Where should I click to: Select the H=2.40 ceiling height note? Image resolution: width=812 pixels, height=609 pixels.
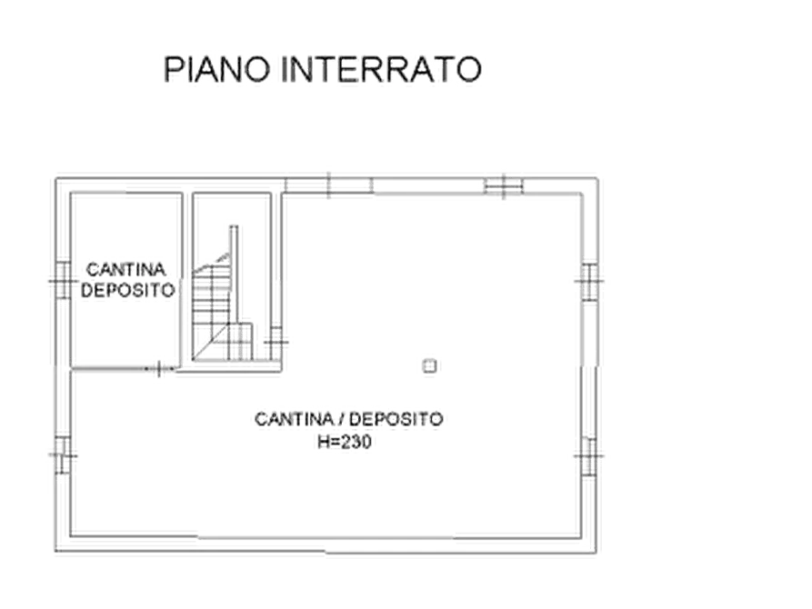[x=346, y=442]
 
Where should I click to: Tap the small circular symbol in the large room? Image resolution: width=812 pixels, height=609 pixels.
[x=429, y=364]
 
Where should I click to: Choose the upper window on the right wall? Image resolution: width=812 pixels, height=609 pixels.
[x=590, y=280]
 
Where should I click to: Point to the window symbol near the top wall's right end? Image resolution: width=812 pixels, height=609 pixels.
[x=502, y=183]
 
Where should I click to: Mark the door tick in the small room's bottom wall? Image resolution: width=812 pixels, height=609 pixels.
[x=160, y=366]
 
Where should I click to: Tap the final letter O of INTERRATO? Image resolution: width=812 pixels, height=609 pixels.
[x=467, y=70]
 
